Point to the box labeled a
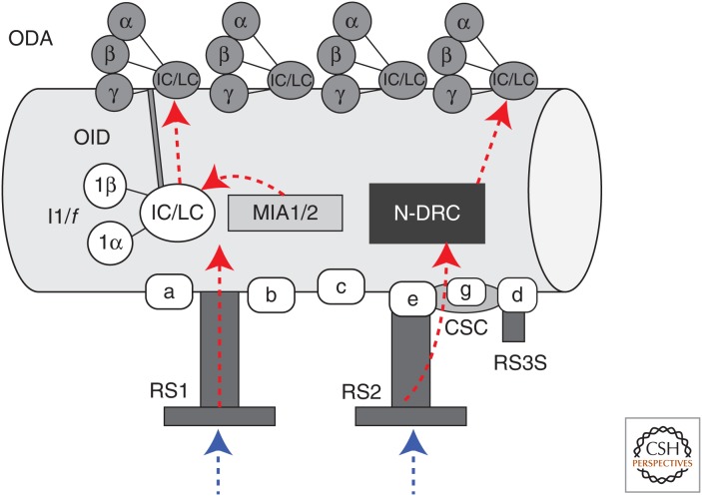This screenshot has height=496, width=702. click(171, 292)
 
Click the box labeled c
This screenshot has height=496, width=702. click(342, 287)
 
